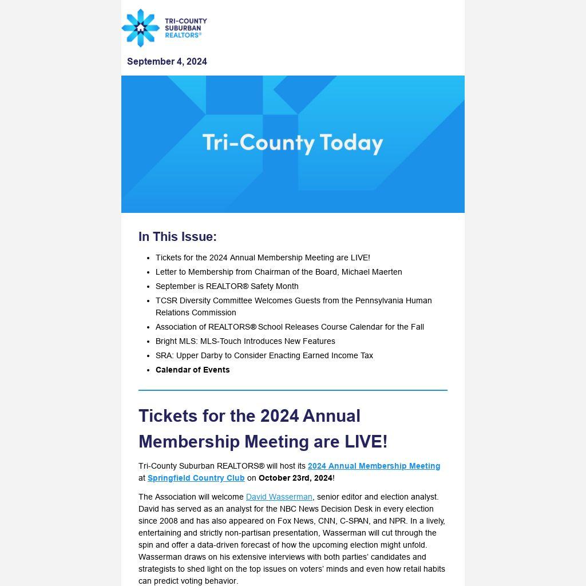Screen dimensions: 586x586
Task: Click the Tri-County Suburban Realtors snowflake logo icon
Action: pos(140,28)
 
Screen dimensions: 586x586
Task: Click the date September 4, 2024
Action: pos(167,61)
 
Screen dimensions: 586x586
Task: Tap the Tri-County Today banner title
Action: pos(292,142)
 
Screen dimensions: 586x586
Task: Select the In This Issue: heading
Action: pos(177,236)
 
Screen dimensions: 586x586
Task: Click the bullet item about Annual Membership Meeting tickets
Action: pos(263,258)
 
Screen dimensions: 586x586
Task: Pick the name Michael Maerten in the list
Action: pos(371,272)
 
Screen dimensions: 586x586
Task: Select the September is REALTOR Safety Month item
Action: pos(227,286)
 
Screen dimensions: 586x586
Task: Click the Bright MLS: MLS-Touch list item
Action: pos(245,341)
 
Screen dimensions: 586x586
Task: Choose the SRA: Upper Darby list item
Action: pos(264,355)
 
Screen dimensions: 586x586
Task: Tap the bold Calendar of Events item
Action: pos(192,370)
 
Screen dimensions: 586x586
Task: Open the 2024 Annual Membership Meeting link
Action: pos(374,466)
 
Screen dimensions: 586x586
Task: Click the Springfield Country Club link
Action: pos(196,478)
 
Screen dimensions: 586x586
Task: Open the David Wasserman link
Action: pos(279,497)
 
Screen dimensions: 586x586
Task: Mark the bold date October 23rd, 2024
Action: pos(295,478)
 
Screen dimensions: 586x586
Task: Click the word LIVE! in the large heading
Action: pos(366,442)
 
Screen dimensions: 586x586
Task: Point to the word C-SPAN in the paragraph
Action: pos(355,521)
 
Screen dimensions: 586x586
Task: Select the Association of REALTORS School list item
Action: pos(290,327)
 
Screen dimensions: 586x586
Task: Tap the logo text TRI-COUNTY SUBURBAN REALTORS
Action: pos(185,28)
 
